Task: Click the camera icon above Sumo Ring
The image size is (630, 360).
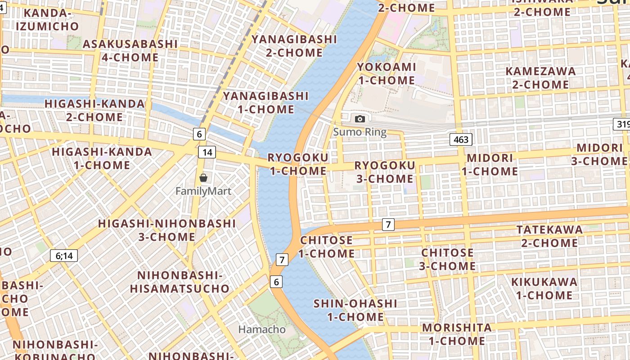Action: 360,119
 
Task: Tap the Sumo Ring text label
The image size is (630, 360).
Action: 360,132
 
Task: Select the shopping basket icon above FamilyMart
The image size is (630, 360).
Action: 203,178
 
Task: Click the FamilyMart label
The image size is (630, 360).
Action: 203,191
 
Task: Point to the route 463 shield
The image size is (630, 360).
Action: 461,139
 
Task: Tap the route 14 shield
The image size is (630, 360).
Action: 207,152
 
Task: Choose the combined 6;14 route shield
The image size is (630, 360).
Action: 64,256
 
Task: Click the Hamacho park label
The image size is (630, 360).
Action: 262,329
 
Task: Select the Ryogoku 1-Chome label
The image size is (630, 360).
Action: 298,164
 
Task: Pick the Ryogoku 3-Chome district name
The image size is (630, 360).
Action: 385,172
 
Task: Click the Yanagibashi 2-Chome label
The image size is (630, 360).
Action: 294,46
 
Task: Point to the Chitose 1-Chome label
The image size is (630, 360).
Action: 327,247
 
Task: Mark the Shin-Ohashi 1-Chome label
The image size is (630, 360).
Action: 355,310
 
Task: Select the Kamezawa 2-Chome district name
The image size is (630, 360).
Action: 540,78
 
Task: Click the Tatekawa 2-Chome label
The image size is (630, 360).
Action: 549,236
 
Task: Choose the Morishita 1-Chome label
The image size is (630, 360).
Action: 457,334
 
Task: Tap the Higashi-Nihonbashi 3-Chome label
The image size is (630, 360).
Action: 167,230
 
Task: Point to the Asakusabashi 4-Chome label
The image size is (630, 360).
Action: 130,50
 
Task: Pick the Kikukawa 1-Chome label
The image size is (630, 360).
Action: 544,288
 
